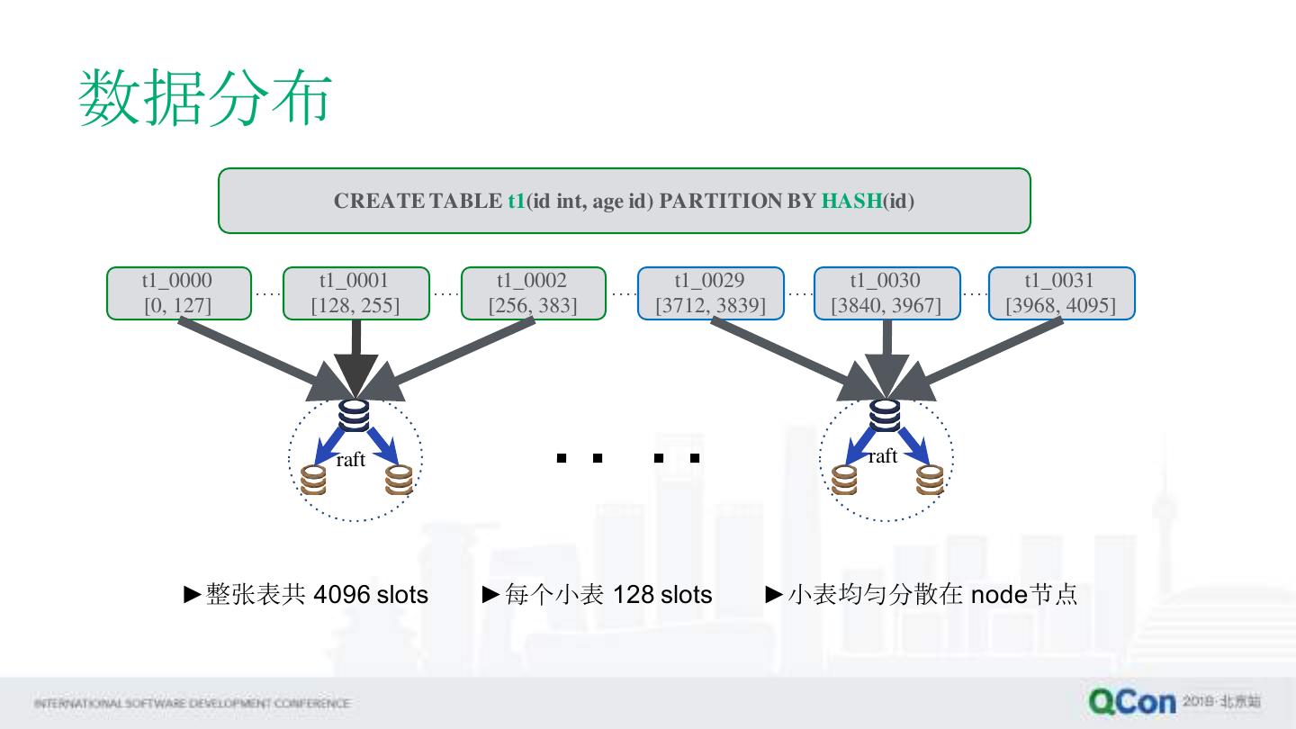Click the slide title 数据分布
coord(206,98)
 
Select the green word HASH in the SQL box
coord(850,201)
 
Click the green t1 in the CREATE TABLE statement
coord(516,201)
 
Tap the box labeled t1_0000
coord(178,292)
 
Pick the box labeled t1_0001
coord(355,292)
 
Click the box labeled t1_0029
coord(710,292)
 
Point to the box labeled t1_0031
coord(1061,292)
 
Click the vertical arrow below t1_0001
coord(355,351)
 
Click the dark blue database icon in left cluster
coord(355,416)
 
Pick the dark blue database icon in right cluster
coord(885,416)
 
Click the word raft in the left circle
coord(350,460)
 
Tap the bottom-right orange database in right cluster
coord(931,480)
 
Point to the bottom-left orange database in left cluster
coord(313,480)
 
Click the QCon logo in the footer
coord(1132,702)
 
